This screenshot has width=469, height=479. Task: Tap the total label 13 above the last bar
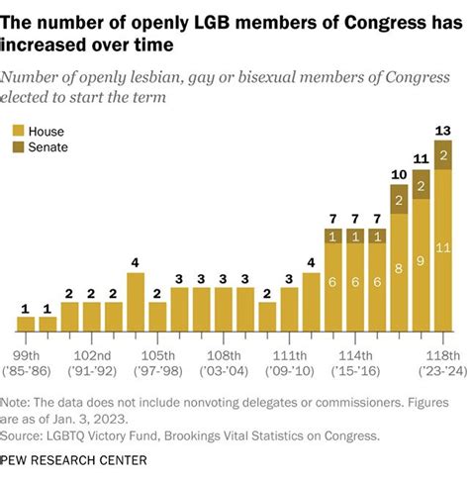coord(443,131)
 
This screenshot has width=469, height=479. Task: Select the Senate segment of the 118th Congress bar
coord(443,155)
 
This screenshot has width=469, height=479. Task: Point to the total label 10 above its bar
coord(399,175)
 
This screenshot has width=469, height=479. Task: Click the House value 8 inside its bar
coord(399,266)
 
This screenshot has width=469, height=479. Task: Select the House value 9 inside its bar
coord(422,261)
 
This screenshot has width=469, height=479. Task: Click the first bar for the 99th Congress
coord(27,324)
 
